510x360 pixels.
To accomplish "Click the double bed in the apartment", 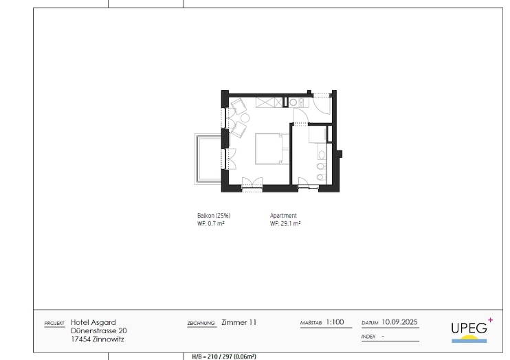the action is coord(272,148).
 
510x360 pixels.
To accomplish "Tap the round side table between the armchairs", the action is coord(245,117).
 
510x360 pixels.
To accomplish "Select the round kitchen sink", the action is coord(293,102).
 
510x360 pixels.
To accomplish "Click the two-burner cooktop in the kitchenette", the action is coord(302,102).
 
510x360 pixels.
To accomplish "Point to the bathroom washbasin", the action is coord(322,155).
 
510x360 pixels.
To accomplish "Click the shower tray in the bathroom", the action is coord(318,134).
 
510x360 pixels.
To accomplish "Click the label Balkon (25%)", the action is coord(214,216).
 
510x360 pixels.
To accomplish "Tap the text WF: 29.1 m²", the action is coord(285,224).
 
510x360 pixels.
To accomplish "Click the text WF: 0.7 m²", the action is coord(211,224).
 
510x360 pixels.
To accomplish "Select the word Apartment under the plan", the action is coord(283,216).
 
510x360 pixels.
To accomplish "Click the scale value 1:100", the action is coord(335,322).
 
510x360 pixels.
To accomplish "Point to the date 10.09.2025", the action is coord(399,322).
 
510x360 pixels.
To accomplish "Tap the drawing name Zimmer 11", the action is coord(239,322).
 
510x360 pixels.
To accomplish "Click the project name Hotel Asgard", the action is coord(93,322).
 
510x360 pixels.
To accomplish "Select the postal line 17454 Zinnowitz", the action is coord(98,339).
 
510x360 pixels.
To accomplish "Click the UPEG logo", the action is coord(472,330).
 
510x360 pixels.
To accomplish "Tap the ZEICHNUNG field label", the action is coord(201,324).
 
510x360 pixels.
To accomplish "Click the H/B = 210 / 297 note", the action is coord(224,357).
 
